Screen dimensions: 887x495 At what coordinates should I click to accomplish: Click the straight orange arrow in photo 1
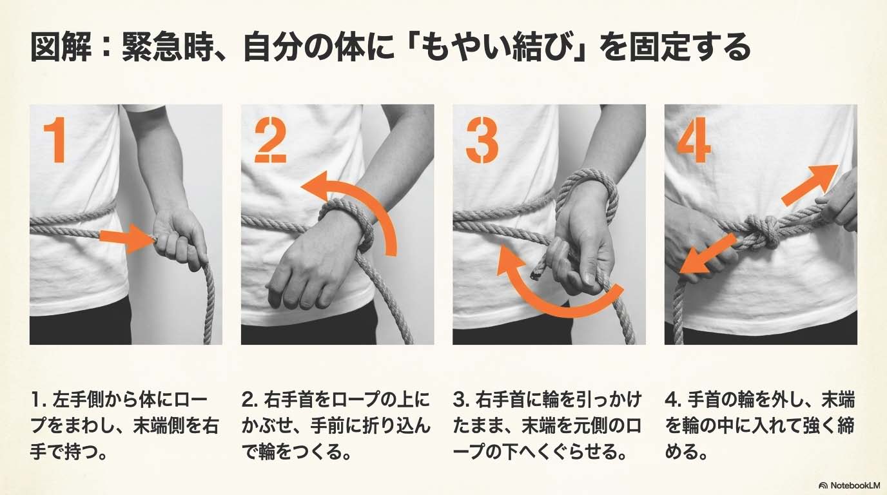coord(126,238)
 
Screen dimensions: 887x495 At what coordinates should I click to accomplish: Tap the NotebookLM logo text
coord(852,485)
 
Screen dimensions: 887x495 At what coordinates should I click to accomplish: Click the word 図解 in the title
coord(61,48)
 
